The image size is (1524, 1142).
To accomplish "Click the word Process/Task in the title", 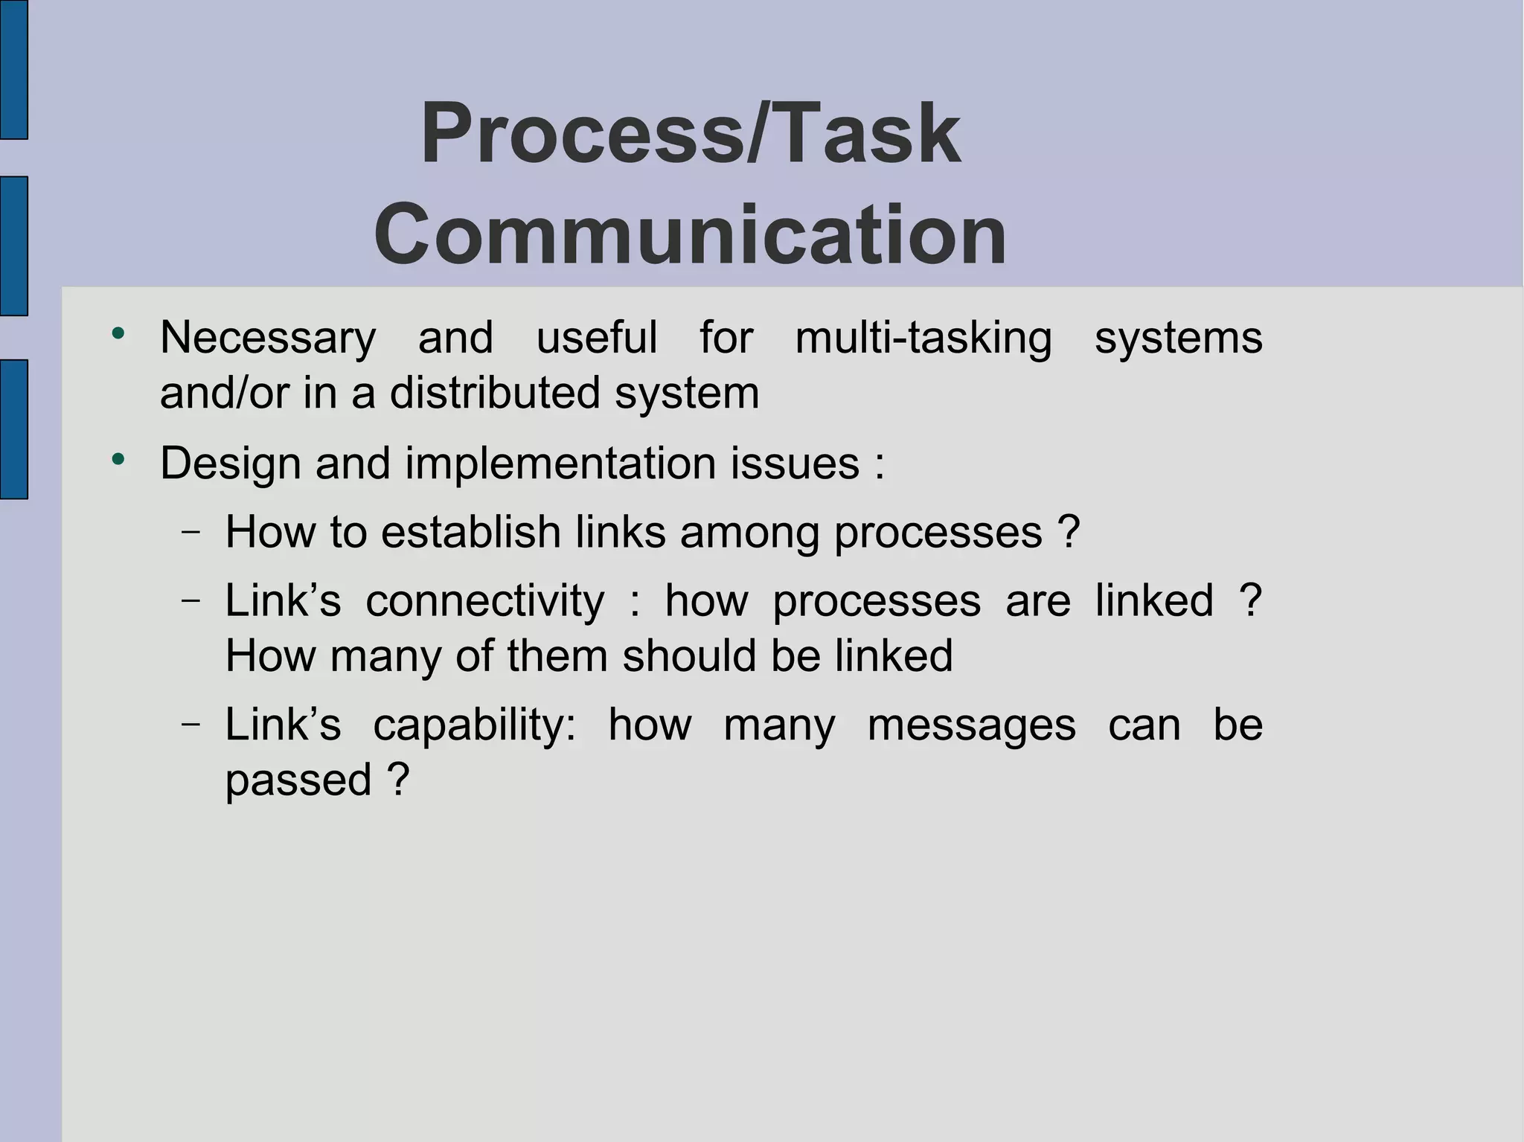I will tap(690, 134).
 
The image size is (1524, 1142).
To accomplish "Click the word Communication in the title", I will tap(690, 235).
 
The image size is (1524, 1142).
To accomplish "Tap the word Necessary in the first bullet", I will tap(268, 339).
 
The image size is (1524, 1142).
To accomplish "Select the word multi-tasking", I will tap(923, 339).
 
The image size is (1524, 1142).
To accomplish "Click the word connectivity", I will tap(485, 600).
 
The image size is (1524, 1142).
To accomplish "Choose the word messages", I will tap(971, 725).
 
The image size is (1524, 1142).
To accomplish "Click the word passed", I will tap(298, 780).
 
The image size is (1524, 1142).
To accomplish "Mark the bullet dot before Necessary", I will tap(118, 333).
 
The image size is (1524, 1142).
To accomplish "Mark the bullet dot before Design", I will tap(118, 459).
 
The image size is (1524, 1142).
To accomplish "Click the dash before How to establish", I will tap(190, 532).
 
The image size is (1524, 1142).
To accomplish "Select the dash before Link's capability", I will tap(190, 724).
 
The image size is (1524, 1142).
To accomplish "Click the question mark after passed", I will tap(398, 779).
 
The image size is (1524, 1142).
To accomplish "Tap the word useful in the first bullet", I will tap(597, 339).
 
